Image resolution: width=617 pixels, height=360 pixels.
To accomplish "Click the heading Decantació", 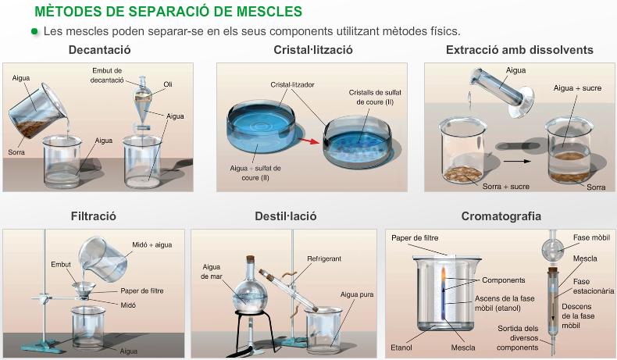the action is (99, 50).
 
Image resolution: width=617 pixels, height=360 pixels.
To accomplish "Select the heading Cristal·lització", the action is (313, 50).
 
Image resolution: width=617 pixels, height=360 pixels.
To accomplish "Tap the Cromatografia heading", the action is (501, 216).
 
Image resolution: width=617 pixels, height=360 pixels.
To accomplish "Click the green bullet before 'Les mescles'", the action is (34, 31).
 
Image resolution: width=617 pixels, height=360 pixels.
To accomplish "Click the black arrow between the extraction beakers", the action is (517, 161).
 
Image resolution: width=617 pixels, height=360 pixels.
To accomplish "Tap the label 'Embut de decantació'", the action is (107, 75).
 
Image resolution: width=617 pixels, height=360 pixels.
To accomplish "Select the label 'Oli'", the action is (168, 84).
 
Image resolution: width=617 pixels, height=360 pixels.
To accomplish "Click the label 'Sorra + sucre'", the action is (505, 187).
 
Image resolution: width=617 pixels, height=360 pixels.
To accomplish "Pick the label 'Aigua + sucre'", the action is (577, 88).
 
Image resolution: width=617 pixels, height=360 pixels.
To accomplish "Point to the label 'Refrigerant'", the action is (324, 258).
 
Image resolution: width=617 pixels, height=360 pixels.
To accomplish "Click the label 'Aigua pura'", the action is (357, 294).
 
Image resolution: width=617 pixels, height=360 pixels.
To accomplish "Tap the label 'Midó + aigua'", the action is (152, 244).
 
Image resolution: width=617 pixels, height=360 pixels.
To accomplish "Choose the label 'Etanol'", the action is (401, 348).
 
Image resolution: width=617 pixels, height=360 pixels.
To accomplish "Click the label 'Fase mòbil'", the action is (591, 237).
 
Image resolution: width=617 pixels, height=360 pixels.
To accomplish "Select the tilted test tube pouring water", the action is (501, 91).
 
